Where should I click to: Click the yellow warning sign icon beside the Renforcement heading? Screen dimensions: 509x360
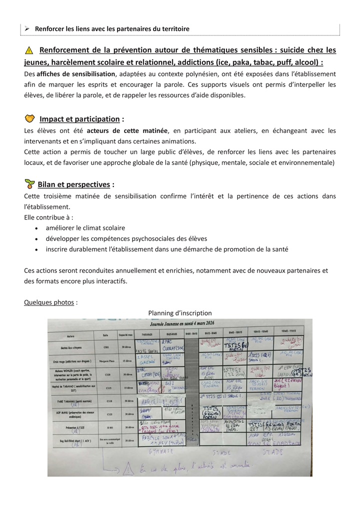click(29, 50)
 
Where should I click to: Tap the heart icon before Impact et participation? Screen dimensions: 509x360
click(30, 118)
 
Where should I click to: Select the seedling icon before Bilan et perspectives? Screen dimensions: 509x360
click(30, 184)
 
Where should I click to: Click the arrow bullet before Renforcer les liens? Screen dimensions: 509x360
click(28, 28)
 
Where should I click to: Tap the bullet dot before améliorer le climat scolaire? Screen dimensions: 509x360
click(38, 228)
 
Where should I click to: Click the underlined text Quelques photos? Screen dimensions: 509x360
click(49, 302)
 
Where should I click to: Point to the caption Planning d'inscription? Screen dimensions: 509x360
click(179, 313)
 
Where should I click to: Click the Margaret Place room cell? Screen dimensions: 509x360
click(105, 359)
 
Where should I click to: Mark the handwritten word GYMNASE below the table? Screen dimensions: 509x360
click(160, 451)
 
